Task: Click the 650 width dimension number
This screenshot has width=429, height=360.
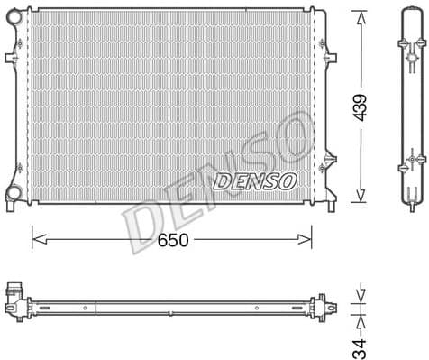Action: (174, 242)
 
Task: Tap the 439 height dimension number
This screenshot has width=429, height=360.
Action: (360, 107)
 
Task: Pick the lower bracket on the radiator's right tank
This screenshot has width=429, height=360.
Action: (325, 166)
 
